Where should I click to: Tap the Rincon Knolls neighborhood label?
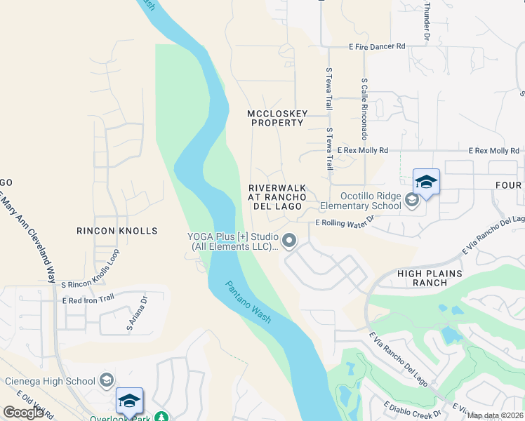click(117, 230)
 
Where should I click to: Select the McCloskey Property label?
click(275, 118)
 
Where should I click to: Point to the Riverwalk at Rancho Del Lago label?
click(277, 197)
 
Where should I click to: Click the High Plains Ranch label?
click(432, 278)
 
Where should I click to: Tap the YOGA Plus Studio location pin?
click(288, 241)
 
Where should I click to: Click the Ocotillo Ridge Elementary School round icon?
click(412, 201)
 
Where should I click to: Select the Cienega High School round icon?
click(107, 381)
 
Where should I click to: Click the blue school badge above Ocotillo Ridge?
click(426, 182)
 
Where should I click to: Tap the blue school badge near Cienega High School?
click(129, 401)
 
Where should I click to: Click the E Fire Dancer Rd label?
click(377, 46)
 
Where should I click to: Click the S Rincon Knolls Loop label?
click(96, 284)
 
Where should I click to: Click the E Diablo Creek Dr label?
click(411, 406)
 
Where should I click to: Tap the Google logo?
click(23, 412)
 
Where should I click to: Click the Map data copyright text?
click(496, 415)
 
